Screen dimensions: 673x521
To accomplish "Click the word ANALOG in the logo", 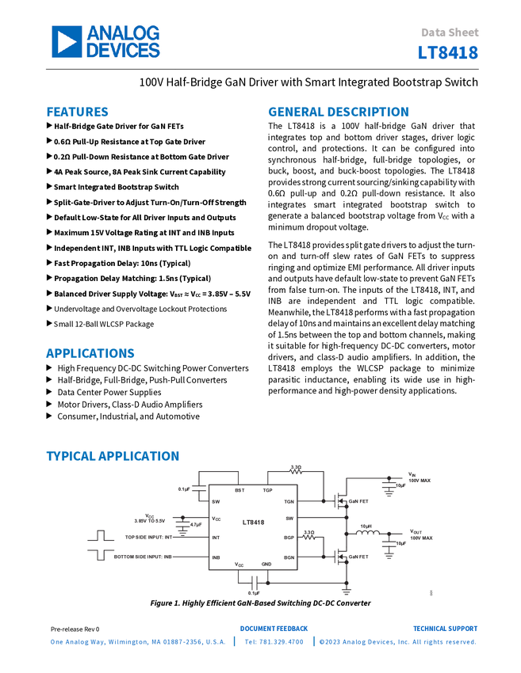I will tap(123, 33).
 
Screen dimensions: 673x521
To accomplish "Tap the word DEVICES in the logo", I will tap(123, 51).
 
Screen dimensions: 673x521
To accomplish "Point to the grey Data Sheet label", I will tap(450, 33).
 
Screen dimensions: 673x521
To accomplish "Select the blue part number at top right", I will tap(449, 54).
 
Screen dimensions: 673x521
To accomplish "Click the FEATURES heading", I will tap(78, 112).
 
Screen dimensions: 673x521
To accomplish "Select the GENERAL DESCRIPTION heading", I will tap(338, 112).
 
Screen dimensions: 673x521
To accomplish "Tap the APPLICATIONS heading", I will tap(90, 353).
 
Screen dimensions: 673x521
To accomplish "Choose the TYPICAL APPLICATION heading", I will tap(113, 456).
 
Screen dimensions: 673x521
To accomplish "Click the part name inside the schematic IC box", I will tap(253, 522).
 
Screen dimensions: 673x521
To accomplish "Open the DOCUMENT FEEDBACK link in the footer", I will tap(274, 629).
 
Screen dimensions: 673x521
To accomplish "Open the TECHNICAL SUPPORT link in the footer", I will tap(446, 629).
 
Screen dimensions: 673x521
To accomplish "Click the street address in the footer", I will tap(137, 642).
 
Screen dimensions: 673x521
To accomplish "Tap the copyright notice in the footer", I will tap(396, 642).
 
